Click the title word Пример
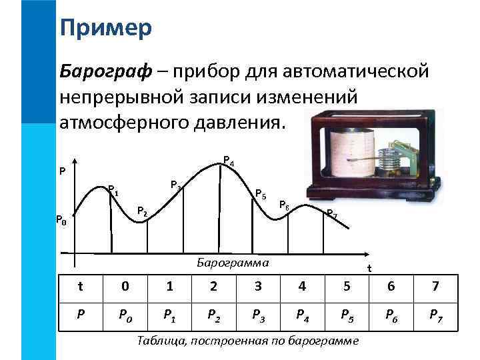click(105, 28)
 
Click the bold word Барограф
click(101, 71)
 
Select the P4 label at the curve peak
click(228, 161)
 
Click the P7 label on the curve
click(331, 214)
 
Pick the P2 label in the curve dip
click(142, 211)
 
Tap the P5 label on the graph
click(261, 195)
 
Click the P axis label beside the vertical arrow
click(62, 171)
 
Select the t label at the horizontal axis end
click(369, 269)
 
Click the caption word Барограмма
click(233, 262)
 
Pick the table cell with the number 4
click(302, 287)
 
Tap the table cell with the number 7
click(436, 287)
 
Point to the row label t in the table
click(80, 287)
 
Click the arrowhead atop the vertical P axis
click(74, 161)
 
